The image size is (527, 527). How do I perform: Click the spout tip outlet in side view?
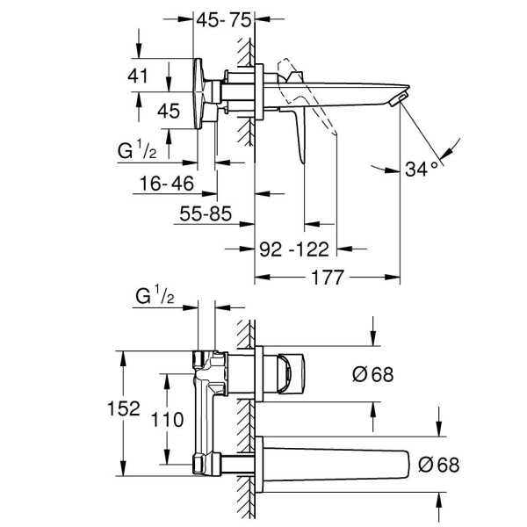pos(399,97)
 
